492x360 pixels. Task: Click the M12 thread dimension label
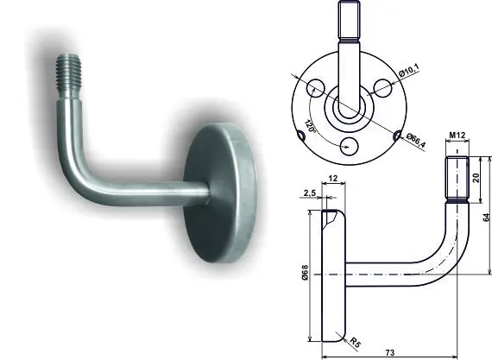457,136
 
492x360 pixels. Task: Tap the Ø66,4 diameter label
416,141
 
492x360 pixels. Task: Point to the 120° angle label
310,126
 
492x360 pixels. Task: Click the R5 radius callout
355,342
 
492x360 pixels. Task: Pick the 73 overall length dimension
389,353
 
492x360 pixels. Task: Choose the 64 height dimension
486,218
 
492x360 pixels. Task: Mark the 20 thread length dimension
476,178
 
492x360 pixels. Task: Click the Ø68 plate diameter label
305,273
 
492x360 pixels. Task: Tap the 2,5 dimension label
309,193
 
